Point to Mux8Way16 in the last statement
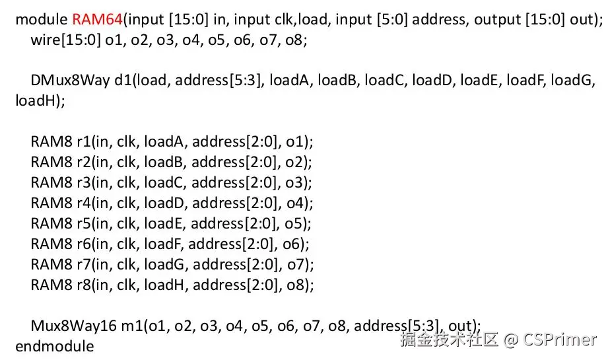tap(67, 326)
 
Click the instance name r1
tap(84, 142)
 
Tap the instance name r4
tap(84, 203)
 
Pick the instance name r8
tap(84, 285)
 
